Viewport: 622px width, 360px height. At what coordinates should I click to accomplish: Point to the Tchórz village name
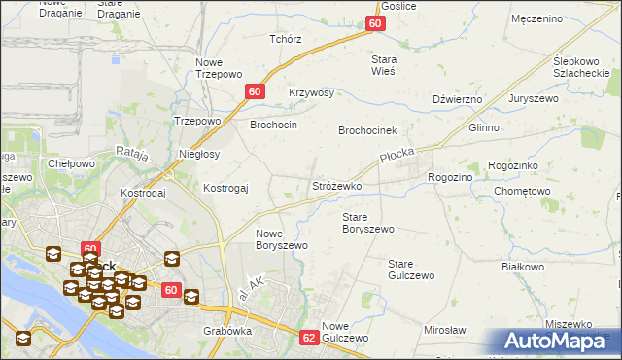point(286,39)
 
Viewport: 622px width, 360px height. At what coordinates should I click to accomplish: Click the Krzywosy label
point(312,92)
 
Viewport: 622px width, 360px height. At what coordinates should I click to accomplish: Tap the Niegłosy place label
point(199,154)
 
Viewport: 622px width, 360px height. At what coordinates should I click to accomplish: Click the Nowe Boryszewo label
point(282,239)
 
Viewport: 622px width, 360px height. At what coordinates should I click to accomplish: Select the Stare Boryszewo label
point(368,223)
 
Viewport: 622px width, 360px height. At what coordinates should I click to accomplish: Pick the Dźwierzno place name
point(457,98)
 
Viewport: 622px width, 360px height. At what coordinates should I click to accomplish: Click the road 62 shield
point(309,338)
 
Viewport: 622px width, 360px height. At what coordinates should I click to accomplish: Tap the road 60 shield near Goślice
point(376,24)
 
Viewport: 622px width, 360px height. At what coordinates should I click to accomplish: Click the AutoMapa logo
point(555,342)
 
